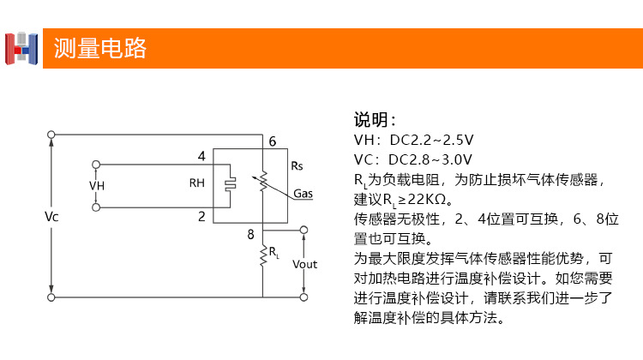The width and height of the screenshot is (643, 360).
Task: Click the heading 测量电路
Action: pos(100,48)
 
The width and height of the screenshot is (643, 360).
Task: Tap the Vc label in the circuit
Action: pos(51,217)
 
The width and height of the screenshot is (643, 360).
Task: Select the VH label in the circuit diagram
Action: pos(96,185)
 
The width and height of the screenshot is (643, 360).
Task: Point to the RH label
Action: pos(197,183)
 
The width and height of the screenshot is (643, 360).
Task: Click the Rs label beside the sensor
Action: pos(297,165)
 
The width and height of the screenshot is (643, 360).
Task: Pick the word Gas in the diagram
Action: pos(303,194)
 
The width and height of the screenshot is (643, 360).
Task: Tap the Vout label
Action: pos(304,264)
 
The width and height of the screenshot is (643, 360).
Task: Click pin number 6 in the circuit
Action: pos(272,142)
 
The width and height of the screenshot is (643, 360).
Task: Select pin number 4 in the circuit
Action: pos(201,156)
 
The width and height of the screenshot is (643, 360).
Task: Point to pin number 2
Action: pos(201,216)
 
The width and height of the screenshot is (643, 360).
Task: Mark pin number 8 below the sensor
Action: pos(250,233)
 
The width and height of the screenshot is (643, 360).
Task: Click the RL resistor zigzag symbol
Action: pos(263,255)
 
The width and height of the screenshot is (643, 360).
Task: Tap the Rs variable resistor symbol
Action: pos(263,180)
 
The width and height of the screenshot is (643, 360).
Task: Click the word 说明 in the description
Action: pos(373,119)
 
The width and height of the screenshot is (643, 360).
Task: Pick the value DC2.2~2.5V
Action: pos(432,140)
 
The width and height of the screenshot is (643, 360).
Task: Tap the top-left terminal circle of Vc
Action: pos(52,135)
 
